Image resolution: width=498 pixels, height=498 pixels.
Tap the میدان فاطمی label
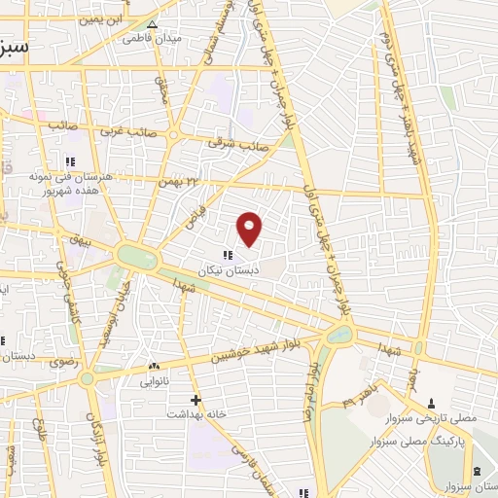click(x=150, y=40)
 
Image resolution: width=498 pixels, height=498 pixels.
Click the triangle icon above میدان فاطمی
click(x=151, y=24)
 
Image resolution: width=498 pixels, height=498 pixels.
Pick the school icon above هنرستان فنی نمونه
click(x=70, y=160)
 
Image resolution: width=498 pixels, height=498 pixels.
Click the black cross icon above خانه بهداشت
click(x=196, y=399)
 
